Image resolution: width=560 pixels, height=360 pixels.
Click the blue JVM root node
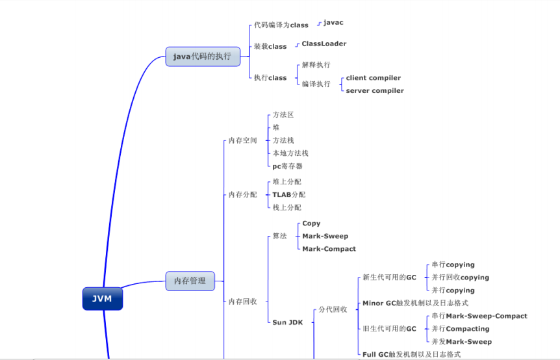point(102,299)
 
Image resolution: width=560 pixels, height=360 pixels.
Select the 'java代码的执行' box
point(202,57)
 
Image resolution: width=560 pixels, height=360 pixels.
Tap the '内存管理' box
point(190,281)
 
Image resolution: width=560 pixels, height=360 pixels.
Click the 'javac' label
point(333,23)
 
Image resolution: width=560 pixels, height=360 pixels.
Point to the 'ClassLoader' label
point(324,44)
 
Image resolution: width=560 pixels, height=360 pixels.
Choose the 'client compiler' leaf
point(373,78)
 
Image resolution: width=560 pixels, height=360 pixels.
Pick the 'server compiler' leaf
point(374,91)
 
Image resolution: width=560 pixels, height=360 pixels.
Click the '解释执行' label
point(316,65)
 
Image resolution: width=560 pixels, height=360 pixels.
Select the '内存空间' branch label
point(242,140)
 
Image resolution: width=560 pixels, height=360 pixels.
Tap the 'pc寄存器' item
point(287,166)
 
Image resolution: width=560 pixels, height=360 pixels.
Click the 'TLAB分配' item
point(288,195)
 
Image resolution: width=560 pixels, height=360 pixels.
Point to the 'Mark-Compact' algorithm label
point(329,249)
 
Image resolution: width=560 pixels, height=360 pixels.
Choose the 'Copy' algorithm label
point(311,224)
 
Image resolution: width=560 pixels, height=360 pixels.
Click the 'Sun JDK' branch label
point(287,322)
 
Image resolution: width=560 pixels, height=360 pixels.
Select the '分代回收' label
point(333,309)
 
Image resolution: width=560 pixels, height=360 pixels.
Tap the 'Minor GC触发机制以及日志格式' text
point(415,303)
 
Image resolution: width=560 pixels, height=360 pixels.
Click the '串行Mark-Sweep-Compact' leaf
point(479,316)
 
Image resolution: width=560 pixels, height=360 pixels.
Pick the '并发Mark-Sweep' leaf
point(461,342)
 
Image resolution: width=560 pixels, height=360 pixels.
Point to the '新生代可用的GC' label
point(389,277)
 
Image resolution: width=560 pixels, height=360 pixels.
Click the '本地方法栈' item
point(290,153)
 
